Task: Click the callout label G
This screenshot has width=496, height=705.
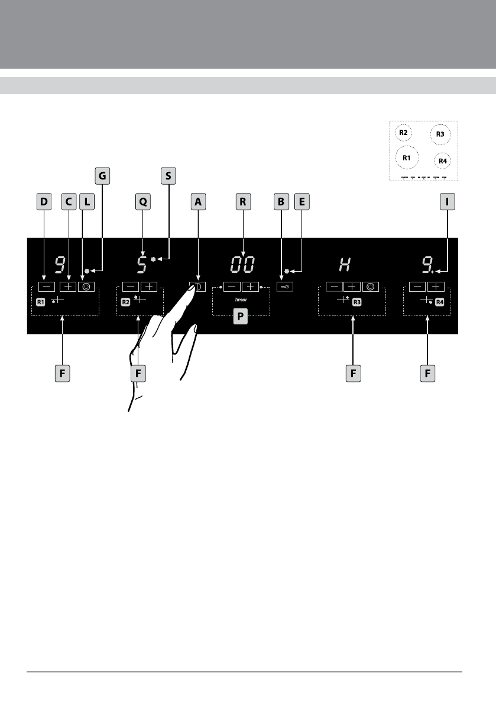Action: [102, 176]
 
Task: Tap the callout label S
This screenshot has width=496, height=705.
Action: [168, 176]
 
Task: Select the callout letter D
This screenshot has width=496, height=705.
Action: [43, 202]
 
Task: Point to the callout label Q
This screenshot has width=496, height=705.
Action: [142, 202]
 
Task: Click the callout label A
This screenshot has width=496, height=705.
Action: [198, 202]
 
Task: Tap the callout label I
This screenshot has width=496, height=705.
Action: [448, 202]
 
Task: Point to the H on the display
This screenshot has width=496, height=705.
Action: [345, 265]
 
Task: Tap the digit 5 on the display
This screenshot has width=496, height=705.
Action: [141, 265]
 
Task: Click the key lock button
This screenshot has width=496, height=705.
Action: [284, 286]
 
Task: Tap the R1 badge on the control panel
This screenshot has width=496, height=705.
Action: [40, 302]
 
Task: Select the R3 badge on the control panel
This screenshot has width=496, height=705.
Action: [356, 302]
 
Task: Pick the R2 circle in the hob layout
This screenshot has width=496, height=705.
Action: [403, 133]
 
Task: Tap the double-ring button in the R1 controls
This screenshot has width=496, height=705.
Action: [87, 286]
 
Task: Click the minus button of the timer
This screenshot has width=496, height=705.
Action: [233, 286]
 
